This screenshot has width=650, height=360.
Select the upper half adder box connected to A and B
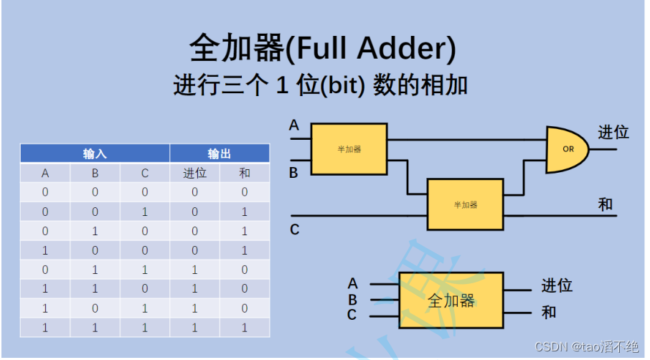click(x=349, y=149)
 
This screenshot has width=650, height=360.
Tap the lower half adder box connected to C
click(x=465, y=204)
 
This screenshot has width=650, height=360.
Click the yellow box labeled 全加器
click(x=451, y=300)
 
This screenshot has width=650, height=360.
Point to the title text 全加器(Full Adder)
click(x=324, y=49)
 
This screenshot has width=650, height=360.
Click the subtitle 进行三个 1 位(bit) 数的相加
click(x=321, y=86)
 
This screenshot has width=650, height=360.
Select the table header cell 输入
click(x=95, y=153)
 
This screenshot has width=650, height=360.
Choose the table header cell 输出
click(x=220, y=153)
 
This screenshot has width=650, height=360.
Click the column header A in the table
click(x=45, y=173)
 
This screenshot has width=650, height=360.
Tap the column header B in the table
click(x=95, y=173)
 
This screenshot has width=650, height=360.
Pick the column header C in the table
click(x=145, y=173)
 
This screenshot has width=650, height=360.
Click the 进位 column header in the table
click(x=194, y=173)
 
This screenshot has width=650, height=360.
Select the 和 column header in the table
click(x=245, y=173)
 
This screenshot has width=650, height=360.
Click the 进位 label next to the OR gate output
click(x=613, y=133)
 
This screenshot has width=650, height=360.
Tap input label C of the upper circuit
click(x=294, y=230)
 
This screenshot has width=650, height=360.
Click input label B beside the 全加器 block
click(x=352, y=300)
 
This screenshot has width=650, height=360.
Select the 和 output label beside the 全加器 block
click(x=549, y=313)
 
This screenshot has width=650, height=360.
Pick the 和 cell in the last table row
click(x=245, y=327)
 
